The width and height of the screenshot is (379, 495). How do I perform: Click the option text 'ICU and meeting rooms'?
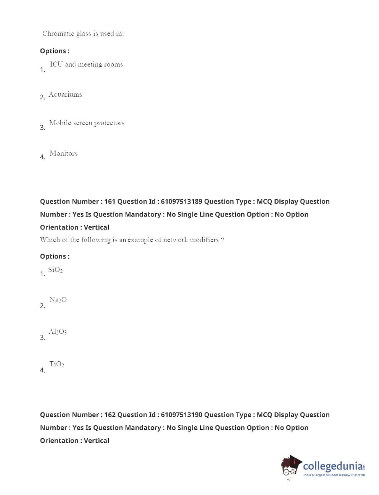[x=86, y=65]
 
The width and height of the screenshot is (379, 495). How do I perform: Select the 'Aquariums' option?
[x=65, y=94]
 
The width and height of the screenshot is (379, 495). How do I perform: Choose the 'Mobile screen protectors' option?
[x=87, y=123]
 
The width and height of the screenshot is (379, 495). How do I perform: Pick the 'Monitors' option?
[x=63, y=154]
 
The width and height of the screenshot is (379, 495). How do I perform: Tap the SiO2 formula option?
[x=55, y=270]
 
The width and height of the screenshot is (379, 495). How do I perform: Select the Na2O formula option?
[x=58, y=300]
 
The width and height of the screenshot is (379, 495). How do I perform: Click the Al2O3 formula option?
[x=58, y=332]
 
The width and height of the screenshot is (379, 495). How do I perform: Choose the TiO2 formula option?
[x=56, y=364]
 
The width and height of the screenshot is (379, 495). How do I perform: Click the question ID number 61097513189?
[x=182, y=202]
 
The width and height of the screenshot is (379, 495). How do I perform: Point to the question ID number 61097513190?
[x=182, y=415]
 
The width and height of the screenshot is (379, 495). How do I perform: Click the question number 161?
[x=110, y=202]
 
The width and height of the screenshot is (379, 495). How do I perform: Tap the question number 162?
[x=110, y=415]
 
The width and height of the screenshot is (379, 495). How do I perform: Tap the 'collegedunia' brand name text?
[x=333, y=466]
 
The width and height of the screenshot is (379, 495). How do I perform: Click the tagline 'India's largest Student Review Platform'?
[x=334, y=475]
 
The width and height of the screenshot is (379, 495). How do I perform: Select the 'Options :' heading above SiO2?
[x=55, y=256]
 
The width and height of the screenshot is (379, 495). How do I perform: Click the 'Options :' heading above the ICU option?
[x=55, y=51]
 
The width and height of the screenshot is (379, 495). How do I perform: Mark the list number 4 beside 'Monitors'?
[x=42, y=157]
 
